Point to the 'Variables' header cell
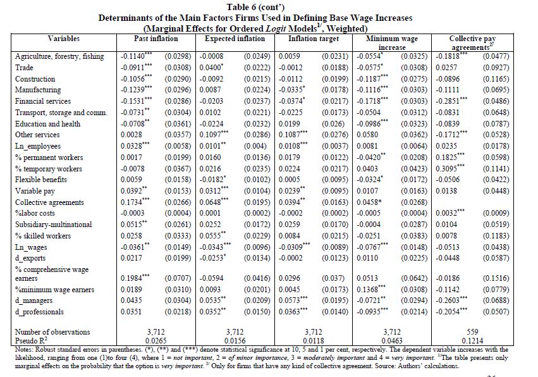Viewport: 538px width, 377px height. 64,39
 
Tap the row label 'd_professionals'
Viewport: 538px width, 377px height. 39,312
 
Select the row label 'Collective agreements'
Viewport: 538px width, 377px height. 49,202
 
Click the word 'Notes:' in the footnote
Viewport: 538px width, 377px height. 24,349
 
